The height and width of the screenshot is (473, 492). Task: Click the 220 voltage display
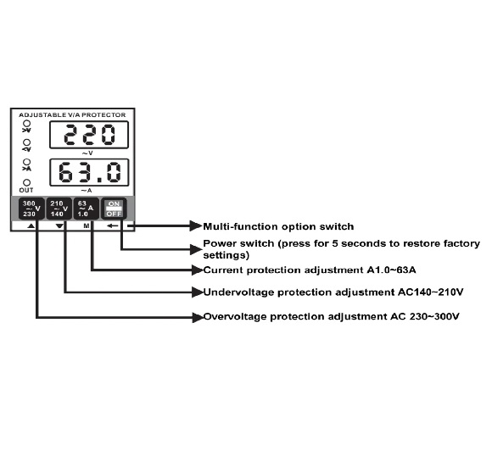coord(89,135)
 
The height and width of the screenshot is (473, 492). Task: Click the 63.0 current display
coord(89,172)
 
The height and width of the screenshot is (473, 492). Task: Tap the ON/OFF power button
coord(114,209)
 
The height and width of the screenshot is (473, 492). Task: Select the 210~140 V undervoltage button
coord(59,209)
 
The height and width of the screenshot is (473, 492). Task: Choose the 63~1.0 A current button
coord(86,209)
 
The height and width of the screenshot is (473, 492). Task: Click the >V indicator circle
coord(27,124)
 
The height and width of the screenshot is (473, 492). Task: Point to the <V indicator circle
coord(27,142)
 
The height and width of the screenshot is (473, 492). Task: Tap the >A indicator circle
coord(27,162)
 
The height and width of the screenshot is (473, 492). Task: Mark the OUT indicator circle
coord(27,182)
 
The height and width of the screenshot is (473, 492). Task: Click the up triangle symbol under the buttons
coord(31,225)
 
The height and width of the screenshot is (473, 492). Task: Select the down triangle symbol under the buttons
coord(59,225)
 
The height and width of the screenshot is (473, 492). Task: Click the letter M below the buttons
coord(87,225)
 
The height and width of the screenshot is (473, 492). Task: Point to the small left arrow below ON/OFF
coord(113,225)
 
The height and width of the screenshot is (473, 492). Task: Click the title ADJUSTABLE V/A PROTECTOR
coord(72,115)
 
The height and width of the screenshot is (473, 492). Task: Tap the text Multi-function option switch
coord(278,226)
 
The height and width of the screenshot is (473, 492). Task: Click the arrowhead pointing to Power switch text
coord(197,249)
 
